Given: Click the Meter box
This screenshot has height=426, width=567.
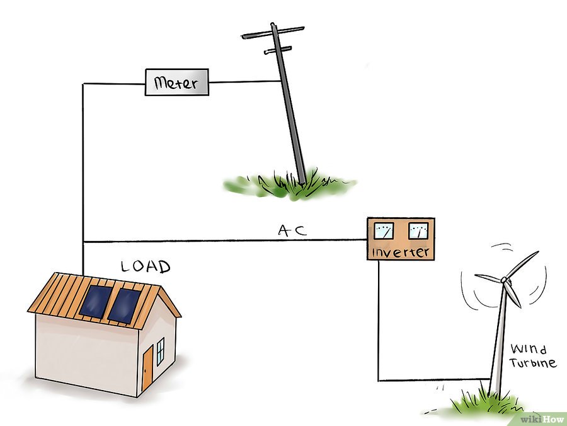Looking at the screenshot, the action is point(177,82).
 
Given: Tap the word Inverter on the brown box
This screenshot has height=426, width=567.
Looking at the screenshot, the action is point(401,252).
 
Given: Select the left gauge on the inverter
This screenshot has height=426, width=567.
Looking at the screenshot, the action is point(383,231).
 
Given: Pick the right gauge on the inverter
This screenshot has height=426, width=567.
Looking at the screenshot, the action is point(418,231).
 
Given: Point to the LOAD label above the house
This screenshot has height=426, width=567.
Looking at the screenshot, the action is point(146,266).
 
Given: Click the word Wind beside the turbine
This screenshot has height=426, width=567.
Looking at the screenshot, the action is point(529,349).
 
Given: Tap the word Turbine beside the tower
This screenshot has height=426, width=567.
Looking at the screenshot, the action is point(532,363).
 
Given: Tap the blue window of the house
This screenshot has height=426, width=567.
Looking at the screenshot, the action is point(160,351).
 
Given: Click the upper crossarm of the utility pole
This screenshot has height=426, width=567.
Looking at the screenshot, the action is point(273,32).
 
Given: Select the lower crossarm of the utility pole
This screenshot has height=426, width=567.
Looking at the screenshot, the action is point(278,50).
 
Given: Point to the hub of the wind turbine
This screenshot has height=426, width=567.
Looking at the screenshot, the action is point(504,280).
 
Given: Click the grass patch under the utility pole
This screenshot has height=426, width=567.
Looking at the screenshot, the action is point(289,184).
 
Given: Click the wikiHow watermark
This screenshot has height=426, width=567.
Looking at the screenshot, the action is point(541,419).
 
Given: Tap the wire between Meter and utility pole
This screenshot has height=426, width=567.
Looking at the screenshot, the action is point(245,81).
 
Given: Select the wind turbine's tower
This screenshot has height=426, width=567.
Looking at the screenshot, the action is point(498,339).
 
